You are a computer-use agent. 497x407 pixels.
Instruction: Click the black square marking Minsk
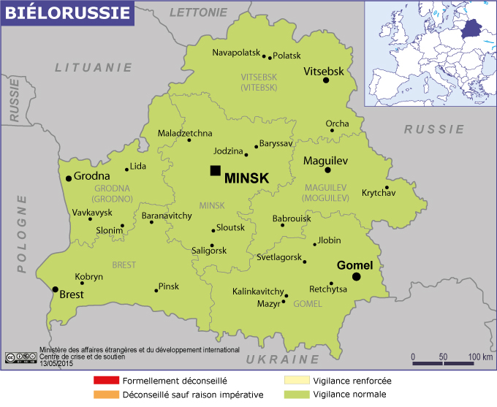(x=215, y=170)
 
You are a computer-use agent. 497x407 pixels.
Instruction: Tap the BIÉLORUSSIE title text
(x=67, y=13)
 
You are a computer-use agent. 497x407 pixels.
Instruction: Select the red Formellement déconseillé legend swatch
(x=105, y=381)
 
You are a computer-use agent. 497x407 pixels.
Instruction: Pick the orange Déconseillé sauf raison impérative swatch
(x=105, y=395)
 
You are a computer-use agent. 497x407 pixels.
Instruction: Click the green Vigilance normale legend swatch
(x=297, y=395)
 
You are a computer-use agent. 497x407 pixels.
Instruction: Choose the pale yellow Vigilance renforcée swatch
(x=297, y=381)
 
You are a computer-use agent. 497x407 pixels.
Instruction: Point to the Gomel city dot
(x=357, y=277)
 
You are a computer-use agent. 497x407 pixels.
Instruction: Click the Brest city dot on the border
(x=55, y=289)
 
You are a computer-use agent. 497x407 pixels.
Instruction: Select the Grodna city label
(x=92, y=176)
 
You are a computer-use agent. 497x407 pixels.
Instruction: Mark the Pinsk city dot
(x=156, y=291)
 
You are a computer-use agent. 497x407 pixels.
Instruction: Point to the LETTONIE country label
(x=198, y=12)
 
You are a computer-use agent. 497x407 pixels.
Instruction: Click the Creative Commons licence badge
(x=20, y=357)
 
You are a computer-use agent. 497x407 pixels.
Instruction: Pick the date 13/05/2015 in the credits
(x=59, y=363)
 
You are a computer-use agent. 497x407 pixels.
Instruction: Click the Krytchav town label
(x=378, y=193)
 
